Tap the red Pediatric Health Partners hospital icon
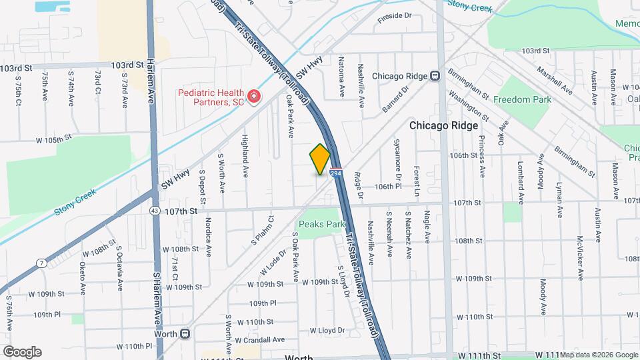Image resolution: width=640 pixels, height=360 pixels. click(253, 98)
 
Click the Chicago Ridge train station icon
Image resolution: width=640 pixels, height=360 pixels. click(435, 76)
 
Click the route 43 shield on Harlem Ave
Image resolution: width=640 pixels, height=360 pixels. click(154, 211)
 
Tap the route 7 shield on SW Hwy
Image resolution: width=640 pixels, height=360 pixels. click(42, 263)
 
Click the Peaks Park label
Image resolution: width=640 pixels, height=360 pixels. click(321, 225)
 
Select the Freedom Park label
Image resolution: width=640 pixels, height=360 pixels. click(522, 99)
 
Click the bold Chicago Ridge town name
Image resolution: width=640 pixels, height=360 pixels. click(443, 125)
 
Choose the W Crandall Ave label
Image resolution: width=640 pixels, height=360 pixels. click(259, 340)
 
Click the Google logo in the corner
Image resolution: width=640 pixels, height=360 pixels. click(21, 352)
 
